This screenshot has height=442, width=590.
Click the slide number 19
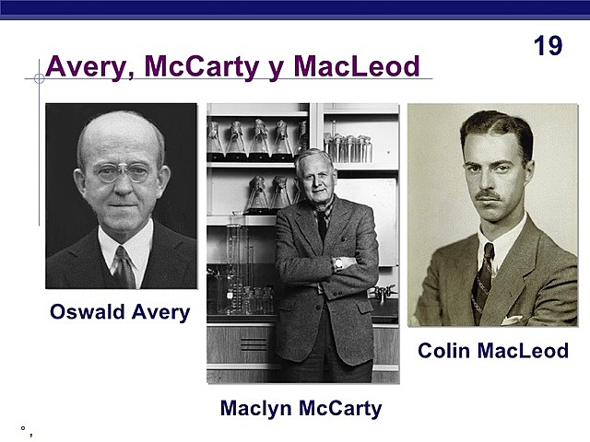click(x=548, y=46)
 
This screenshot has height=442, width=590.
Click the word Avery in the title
click(x=85, y=67)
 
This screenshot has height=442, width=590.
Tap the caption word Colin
click(x=446, y=351)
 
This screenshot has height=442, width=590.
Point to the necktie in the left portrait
click(x=124, y=267)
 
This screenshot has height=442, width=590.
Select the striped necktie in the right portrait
click(x=483, y=267)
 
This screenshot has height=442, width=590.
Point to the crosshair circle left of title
click(x=39, y=79)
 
